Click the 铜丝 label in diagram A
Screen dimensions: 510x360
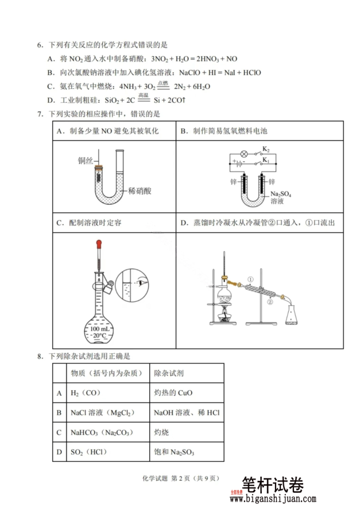click(85, 161)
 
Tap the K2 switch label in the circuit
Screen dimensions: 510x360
click(266, 149)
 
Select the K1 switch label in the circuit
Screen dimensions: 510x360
click(265, 162)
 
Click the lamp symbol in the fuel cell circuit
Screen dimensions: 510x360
click(243, 154)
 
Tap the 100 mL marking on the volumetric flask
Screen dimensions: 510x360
click(102, 328)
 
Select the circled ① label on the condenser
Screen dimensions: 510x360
click(250, 279)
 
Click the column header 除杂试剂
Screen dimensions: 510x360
click(168, 373)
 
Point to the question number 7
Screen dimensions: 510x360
click(40, 114)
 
